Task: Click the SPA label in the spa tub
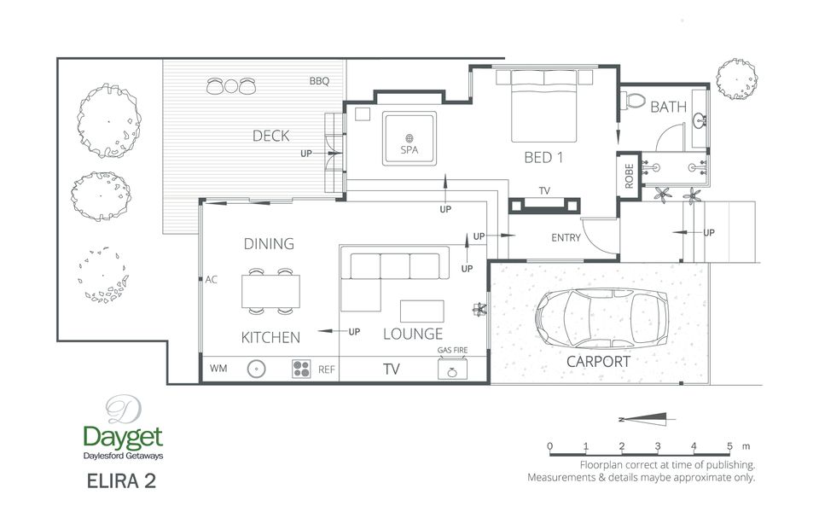(x=409, y=150)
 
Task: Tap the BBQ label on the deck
(x=319, y=81)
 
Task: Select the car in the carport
(x=601, y=318)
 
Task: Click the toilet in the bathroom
(x=633, y=101)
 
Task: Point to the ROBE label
(x=629, y=176)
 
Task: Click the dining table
(x=270, y=291)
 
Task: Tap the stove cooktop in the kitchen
(x=301, y=369)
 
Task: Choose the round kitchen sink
(x=256, y=369)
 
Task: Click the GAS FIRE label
(x=452, y=350)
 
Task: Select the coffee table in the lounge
(x=422, y=311)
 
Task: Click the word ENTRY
(x=566, y=238)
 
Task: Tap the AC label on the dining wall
(x=211, y=280)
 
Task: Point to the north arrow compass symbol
(x=647, y=419)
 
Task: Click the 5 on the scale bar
(x=729, y=446)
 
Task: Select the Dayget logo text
(x=123, y=437)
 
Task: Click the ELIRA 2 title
(x=121, y=480)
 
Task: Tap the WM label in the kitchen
(x=218, y=369)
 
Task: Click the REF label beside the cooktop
(x=327, y=369)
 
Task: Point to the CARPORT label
(x=598, y=362)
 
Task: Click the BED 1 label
(x=543, y=158)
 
